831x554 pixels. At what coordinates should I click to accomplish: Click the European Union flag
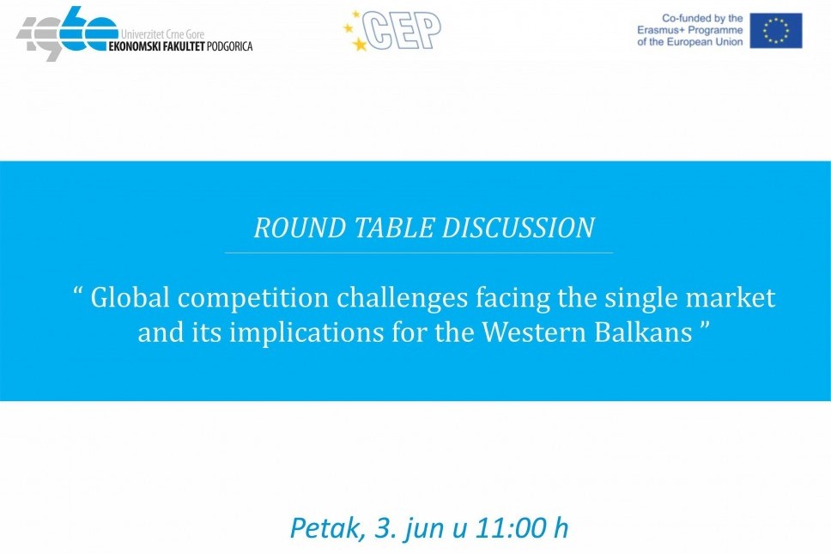click(776, 31)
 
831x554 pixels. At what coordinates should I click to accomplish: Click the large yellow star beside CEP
click(360, 44)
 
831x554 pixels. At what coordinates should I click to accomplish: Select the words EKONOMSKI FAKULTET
click(156, 46)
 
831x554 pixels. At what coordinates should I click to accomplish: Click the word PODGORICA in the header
click(229, 46)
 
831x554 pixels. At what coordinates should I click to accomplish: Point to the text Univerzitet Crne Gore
click(162, 34)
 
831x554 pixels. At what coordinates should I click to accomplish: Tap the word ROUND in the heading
click(300, 228)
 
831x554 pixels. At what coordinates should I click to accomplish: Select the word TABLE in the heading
click(394, 228)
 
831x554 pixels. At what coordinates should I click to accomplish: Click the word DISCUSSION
click(518, 228)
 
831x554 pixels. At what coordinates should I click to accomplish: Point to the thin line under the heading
click(419, 253)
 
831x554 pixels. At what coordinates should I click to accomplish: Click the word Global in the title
click(130, 297)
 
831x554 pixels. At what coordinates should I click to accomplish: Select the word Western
click(534, 332)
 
